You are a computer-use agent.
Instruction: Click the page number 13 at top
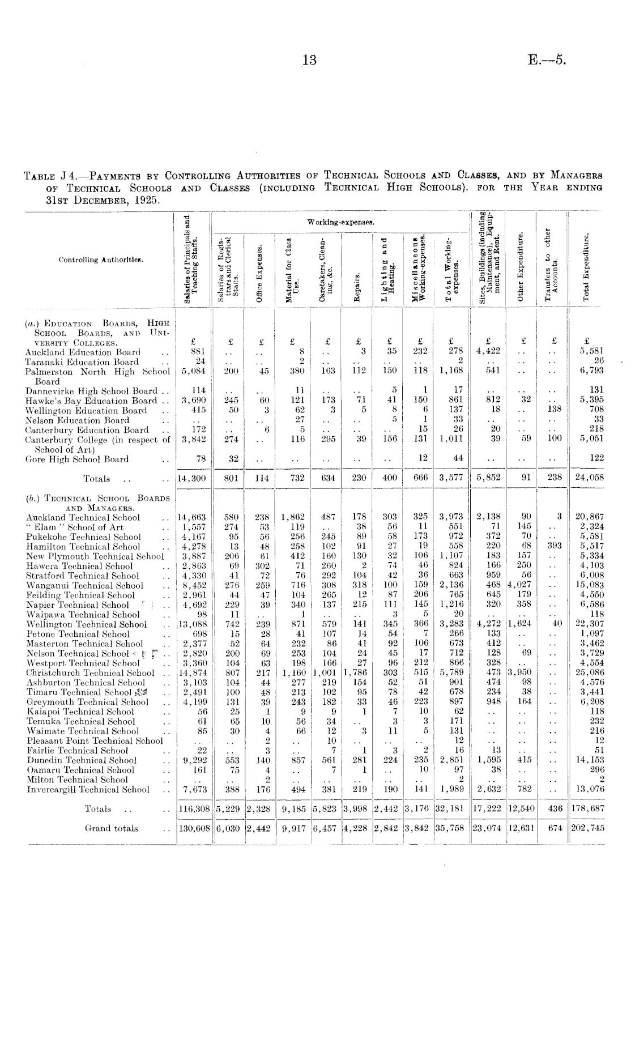pos(309,60)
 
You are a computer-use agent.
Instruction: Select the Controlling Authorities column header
pos(101,260)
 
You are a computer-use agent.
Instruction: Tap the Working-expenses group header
pos(340,220)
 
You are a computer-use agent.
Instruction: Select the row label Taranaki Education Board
pos(82,362)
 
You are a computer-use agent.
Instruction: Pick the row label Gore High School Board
pos(77,459)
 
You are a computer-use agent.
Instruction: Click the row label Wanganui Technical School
pos(85,586)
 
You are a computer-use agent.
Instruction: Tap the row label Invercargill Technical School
pos(88,789)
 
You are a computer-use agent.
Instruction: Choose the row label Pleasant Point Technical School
pos(94,741)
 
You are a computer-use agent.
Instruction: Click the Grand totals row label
pos(111,828)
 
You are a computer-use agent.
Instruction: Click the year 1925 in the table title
pos(146,201)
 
